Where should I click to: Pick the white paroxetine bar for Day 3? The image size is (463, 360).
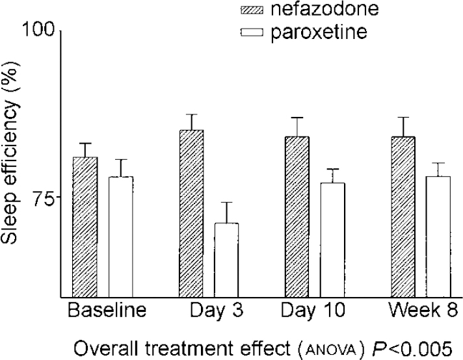point(226,259)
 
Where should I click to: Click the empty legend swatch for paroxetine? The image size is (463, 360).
point(251,31)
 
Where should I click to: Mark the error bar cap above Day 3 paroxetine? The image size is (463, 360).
point(226,203)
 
